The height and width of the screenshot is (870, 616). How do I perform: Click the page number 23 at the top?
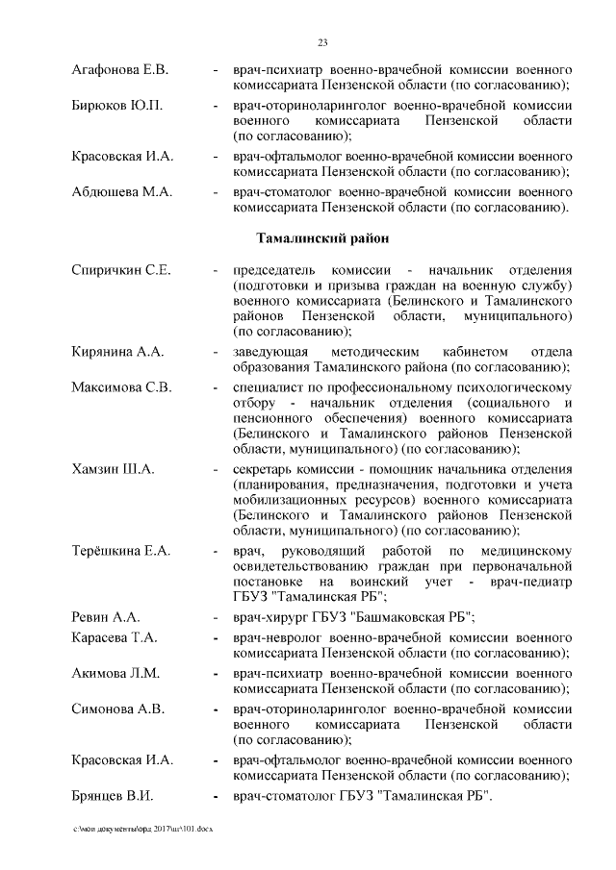pos(323,40)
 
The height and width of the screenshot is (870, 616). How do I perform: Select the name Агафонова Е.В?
pos(120,70)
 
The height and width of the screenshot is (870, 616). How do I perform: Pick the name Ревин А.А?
pos(106,616)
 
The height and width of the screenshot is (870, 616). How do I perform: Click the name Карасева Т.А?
pos(115,638)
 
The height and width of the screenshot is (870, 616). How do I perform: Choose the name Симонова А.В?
pos(119,708)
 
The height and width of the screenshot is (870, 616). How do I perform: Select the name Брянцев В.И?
pos(114,796)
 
